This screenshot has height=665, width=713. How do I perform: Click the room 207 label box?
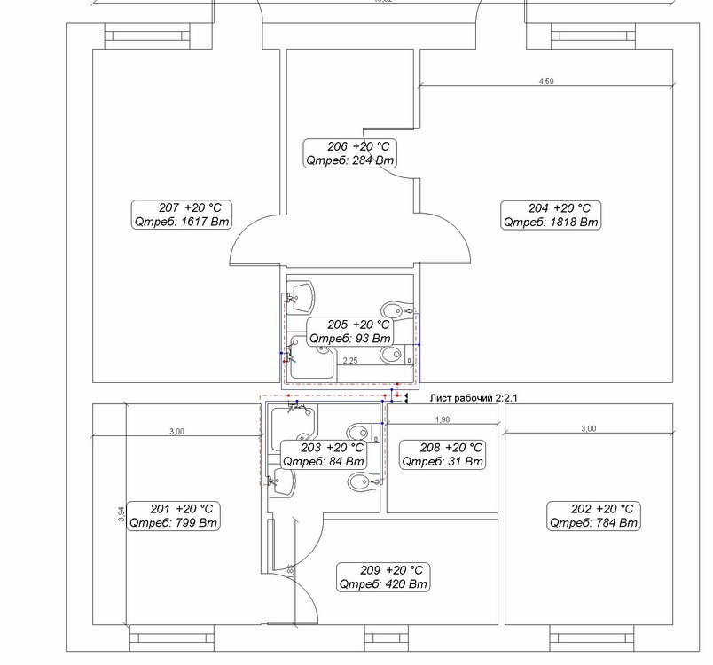click(182, 215)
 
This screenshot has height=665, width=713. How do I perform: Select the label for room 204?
click(551, 215)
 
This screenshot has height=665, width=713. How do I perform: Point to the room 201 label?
click(173, 515)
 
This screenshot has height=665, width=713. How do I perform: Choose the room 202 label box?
click(593, 515)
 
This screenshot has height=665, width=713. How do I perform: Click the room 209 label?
click(383, 577)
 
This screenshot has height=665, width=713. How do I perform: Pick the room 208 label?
click(443, 455)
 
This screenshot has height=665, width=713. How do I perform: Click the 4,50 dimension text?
click(546, 81)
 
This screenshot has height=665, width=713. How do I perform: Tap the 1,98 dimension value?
click(443, 419)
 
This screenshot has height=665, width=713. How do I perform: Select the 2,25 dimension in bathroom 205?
click(350, 361)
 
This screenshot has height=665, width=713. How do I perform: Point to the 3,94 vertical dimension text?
click(121, 513)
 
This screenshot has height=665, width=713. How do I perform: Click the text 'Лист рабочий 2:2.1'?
click(474, 398)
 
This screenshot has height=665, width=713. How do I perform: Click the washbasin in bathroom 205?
click(301, 296)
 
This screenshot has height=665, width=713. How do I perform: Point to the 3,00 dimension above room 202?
click(589, 428)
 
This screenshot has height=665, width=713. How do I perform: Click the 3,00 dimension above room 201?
click(176, 431)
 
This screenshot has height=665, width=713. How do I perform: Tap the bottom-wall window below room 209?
click(387, 638)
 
